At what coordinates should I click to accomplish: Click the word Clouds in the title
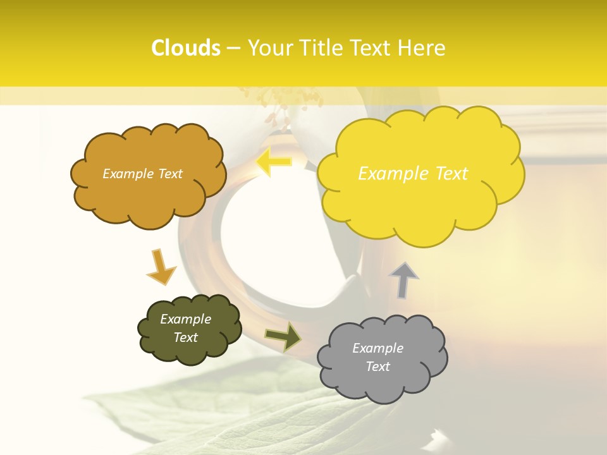(x=186, y=48)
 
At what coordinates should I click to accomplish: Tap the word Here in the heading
(x=422, y=48)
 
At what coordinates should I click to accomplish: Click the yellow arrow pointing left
(x=274, y=162)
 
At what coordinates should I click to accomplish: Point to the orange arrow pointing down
(x=161, y=267)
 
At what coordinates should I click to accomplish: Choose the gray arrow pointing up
(x=404, y=279)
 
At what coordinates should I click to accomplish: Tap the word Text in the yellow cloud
(x=451, y=174)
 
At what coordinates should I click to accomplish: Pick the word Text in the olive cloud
(x=186, y=337)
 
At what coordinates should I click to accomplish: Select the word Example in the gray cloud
(x=377, y=348)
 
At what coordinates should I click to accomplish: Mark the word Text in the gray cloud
(x=378, y=367)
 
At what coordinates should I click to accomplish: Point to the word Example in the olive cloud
(x=186, y=319)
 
